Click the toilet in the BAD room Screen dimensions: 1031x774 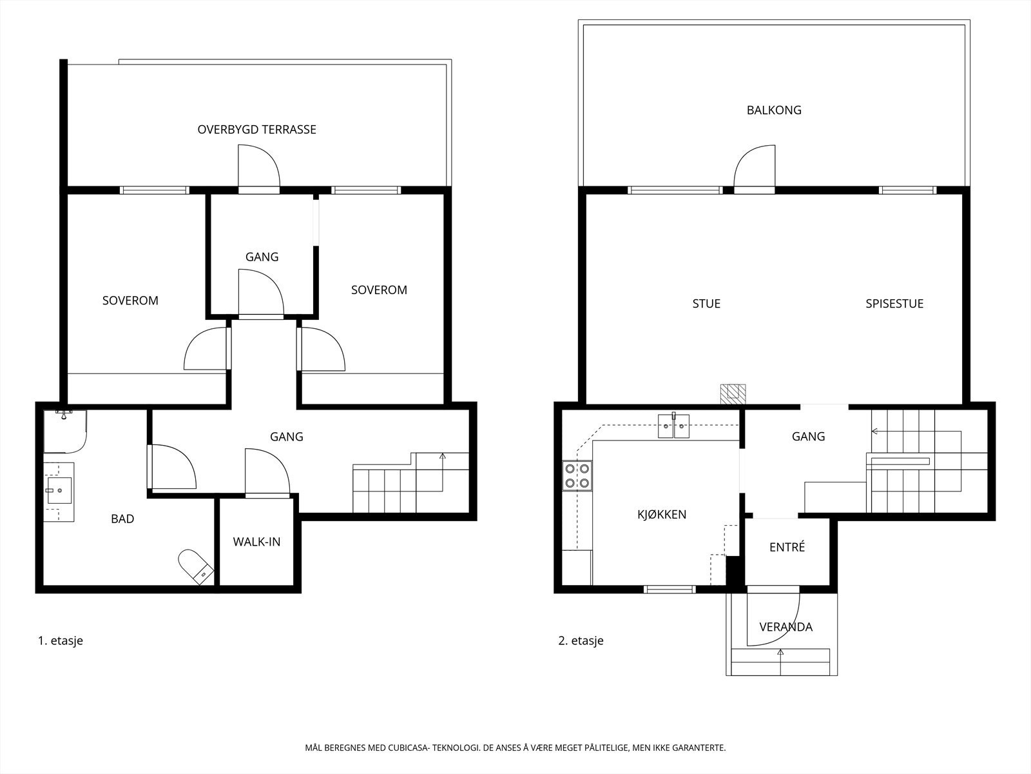(x=196, y=567)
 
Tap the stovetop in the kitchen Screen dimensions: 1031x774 (x=577, y=475)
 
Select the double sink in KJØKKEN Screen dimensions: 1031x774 (x=673, y=426)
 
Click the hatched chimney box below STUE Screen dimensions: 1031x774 (x=733, y=394)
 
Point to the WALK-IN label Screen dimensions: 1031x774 (x=256, y=542)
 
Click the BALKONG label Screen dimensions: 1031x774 (x=774, y=110)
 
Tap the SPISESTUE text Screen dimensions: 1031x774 (x=894, y=304)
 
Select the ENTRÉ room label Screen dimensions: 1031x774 (x=787, y=547)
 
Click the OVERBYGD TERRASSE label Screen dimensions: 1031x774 (x=256, y=129)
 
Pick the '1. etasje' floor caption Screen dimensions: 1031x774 (x=61, y=640)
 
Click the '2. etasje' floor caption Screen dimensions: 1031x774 (x=581, y=640)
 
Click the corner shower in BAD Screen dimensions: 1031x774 (x=65, y=431)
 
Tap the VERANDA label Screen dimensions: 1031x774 (x=785, y=626)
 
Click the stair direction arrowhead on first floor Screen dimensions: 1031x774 (x=442, y=455)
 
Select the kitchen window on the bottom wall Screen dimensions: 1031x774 (x=670, y=590)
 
